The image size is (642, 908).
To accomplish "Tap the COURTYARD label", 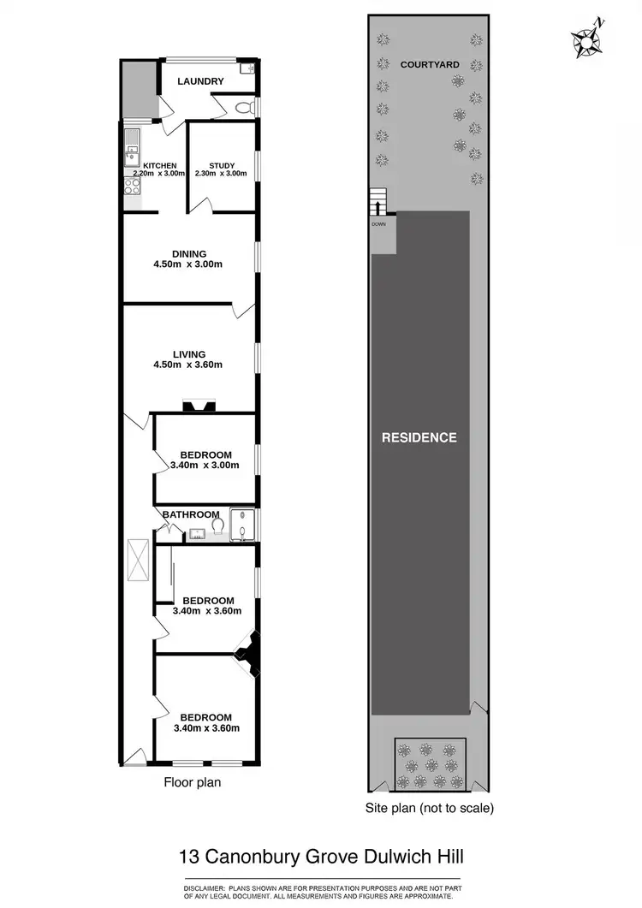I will [430, 64].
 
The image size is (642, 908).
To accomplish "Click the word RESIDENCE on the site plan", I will [419, 437].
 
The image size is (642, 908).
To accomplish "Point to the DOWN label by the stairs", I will [378, 224].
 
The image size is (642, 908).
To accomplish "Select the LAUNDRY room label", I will [200, 81].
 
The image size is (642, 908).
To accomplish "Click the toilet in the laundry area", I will [245, 107].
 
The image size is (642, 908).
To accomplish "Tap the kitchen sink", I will [132, 151].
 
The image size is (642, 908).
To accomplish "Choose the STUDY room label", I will [221, 166].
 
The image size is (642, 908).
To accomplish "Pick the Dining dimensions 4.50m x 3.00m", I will [187, 264].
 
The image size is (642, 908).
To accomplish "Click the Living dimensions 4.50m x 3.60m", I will [187, 365].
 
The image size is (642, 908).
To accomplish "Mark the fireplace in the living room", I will [199, 407].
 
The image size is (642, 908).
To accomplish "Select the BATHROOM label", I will [192, 514].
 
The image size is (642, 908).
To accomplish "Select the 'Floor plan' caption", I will [193, 781].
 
